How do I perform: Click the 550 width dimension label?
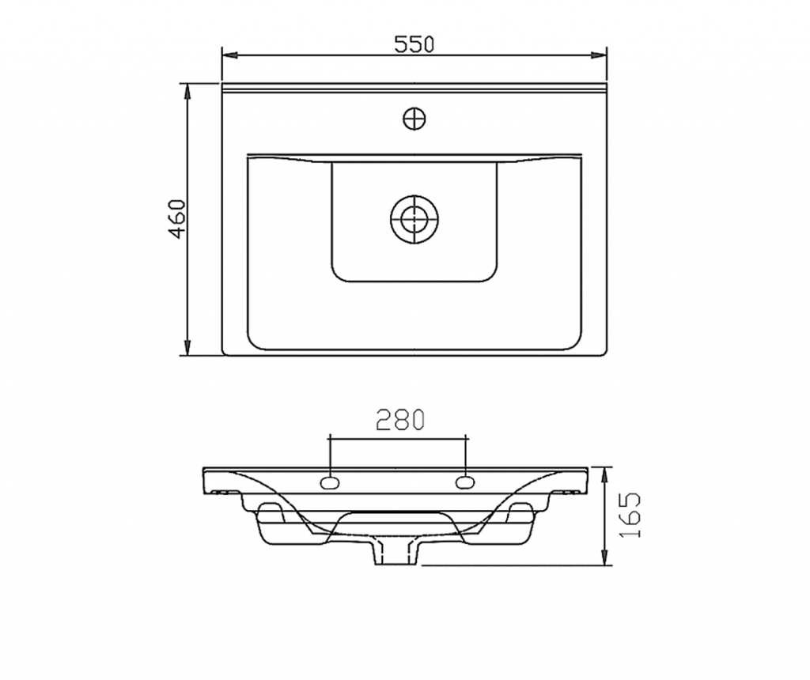click(x=414, y=44)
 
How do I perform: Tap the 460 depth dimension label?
click(x=177, y=218)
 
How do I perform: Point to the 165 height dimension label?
click(x=629, y=515)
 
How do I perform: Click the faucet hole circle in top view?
click(x=414, y=119)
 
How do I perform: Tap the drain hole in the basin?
click(x=414, y=219)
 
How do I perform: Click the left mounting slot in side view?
click(x=330, y=483)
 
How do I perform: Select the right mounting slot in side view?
click(x=465, y=483)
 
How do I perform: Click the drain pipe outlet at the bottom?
click(x=397, y=553)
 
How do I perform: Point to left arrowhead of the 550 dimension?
click(x=229, y=55)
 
